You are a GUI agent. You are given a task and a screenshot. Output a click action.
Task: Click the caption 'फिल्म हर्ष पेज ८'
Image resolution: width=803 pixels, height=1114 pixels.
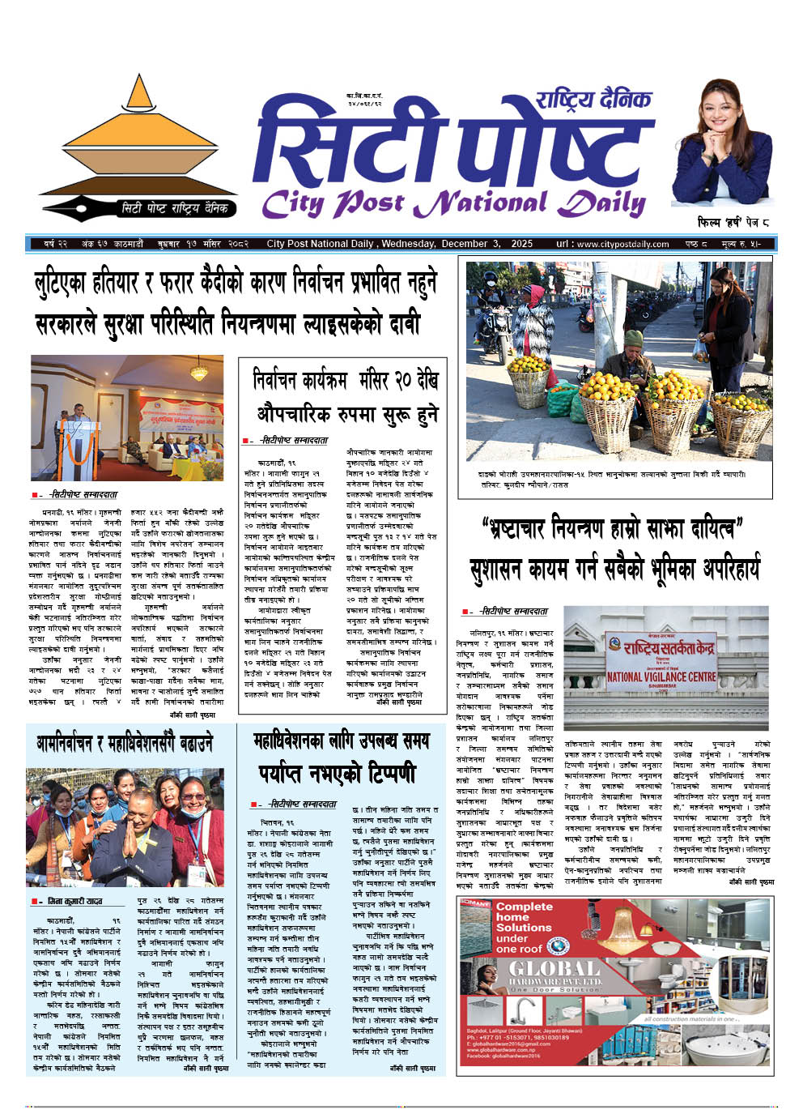[722, 220]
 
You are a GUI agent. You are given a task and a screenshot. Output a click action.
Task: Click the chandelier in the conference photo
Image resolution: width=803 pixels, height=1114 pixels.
[198, 371]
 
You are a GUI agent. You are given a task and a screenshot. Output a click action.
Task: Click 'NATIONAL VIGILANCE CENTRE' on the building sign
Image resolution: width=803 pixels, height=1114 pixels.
[661, 677]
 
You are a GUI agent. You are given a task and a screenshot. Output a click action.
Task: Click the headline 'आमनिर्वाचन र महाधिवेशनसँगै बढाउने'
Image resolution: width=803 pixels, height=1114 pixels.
[125, 742]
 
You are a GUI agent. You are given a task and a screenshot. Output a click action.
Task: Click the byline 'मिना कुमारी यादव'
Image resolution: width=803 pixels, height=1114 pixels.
[74, 901]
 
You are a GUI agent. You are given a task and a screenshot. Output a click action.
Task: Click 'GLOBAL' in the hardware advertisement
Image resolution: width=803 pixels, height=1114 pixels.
[554, 968]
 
